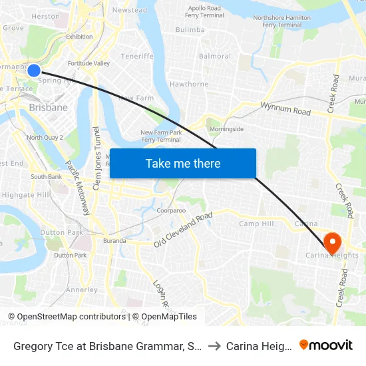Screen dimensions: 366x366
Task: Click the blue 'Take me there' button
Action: tap(183, 163)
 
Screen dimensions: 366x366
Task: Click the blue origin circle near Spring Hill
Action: tap(34, 70)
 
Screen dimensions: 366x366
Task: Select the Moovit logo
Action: tap(326, 345)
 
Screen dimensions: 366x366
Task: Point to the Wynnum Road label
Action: tap(285, 108)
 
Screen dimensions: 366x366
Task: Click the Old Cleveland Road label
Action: tap(183, 230)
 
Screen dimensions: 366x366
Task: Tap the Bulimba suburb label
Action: tap(190, 30)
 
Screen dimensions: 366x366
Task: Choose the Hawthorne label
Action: tap(189, 85)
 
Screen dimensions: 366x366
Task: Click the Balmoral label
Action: tap(214, 56)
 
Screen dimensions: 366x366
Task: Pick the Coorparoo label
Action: tap(171, 210)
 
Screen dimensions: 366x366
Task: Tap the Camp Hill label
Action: tap(256, 224)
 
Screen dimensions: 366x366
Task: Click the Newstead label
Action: tap(130, 10)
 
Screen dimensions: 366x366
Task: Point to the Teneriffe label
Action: tap(137, 56)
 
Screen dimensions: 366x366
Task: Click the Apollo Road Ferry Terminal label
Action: tap(205, 11)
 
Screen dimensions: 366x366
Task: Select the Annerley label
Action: tap(82, 289)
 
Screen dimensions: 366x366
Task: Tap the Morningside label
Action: tap(226, 128)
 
